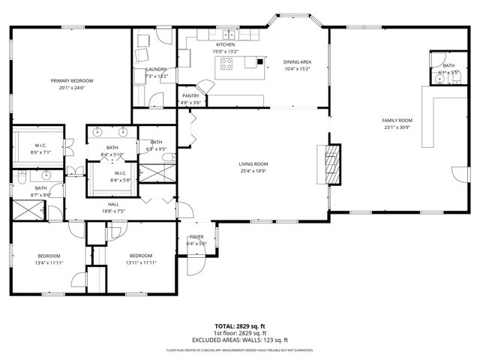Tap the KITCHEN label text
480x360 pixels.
tap(226, 44)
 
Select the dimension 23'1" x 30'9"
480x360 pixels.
tap(397, 127)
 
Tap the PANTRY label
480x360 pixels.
tap(190, 95)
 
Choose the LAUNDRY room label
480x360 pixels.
tap(156, 69)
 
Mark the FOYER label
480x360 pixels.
tap(196, 236)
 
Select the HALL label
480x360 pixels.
tap(113, 204)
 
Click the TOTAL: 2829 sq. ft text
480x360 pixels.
tap(240, 326)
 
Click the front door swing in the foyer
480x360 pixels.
tap(196, 262)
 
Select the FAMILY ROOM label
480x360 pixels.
tap(397, 120)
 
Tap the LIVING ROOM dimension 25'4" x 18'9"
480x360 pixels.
tap(253, 171)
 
